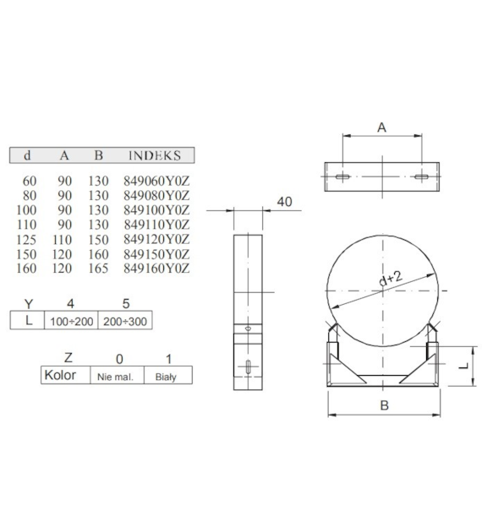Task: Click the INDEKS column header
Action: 154,155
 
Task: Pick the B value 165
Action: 99,269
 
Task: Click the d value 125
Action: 30,239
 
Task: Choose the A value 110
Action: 64,239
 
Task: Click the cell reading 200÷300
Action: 126,322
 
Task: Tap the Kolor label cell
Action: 60,375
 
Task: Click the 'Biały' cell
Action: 167,376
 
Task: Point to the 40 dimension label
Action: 283,202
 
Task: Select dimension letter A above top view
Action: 381,128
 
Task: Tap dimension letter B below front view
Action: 385,405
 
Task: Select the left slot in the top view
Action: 342,177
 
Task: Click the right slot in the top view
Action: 420,177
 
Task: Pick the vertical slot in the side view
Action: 247,366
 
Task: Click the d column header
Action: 28,155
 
